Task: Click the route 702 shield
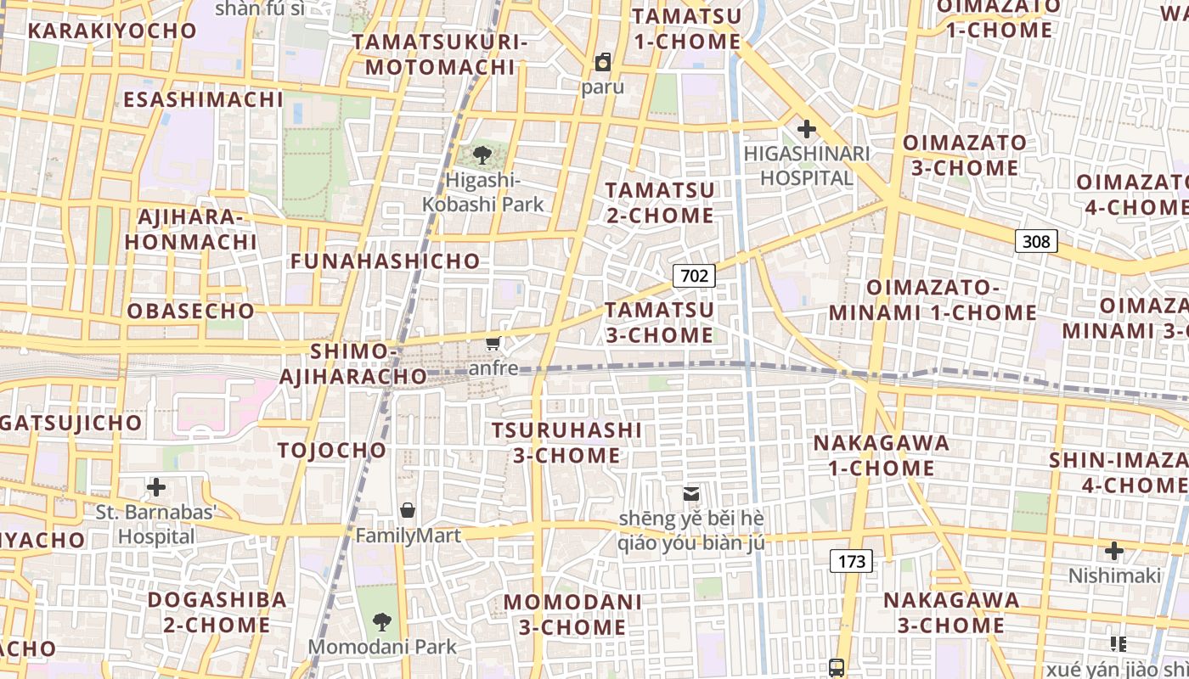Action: point(694,275)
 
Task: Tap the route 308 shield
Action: point(1036,241)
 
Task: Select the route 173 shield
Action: point(851,560)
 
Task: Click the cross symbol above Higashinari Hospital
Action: point(806,130)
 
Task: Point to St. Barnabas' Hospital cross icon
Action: point(156,487)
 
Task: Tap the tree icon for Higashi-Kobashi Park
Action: point(482,154)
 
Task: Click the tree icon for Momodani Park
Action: point(382,622)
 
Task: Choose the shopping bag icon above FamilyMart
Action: point(408,510)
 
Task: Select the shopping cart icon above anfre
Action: point(493,343)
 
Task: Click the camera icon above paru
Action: point(603,62)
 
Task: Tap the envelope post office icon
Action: point(691,493)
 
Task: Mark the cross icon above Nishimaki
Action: point(1113,551)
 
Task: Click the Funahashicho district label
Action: point(386,261)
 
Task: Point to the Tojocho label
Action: point(332,450)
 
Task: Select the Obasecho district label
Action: point(191,311)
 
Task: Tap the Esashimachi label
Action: point(203,99)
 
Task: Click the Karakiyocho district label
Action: point(112,31)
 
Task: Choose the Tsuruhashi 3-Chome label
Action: point(566,442)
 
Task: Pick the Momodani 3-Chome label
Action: point(572,614)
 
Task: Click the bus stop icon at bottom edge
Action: point(837,667)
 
